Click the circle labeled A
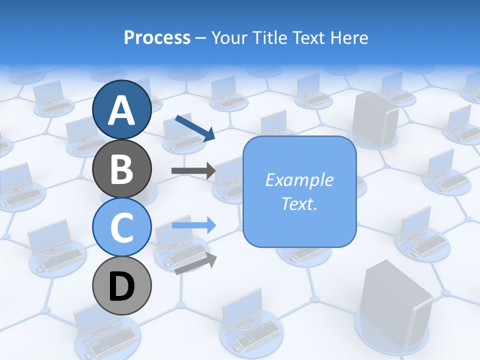(122, 109)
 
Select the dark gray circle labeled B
(122, 168)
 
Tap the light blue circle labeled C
(122, 227)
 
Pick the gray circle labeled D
(122, 286)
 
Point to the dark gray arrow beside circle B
(193, 171)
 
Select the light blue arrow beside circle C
(194, 225)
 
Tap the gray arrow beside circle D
(196, 264)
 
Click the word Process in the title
(157, 37)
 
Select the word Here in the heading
(350, 37)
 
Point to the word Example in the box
(299, 180)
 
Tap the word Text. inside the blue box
(299, 203)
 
